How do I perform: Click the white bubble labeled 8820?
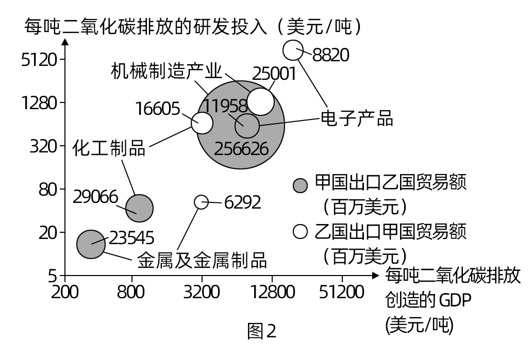point(293,50)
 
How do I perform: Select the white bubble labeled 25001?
point(261,101)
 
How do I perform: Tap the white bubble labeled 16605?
point(202,123)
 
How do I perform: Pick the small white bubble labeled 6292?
point(201,202)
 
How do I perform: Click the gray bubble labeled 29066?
point(139,208)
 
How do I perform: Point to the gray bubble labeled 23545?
point(91,244)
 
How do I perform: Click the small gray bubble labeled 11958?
point(247,125)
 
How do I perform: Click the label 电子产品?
point(357,118)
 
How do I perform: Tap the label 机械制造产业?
point(166,71)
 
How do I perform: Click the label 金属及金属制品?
point(202,260)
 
